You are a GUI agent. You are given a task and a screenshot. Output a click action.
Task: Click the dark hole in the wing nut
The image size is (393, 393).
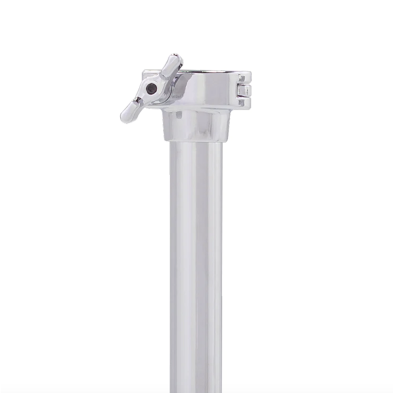(152, 88)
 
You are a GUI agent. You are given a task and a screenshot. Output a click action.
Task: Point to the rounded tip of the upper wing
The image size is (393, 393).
(175, 60)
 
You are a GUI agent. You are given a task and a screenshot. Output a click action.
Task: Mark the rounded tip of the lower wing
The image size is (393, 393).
(125, 117)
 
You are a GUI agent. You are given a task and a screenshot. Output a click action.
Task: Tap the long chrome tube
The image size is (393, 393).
(196, 262)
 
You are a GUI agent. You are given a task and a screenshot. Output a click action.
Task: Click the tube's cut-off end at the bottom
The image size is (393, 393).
(196, 389)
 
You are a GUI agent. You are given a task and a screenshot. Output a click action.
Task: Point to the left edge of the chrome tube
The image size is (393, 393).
(171, 262)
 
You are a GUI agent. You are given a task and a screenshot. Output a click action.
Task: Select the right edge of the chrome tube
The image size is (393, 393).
(221, 262)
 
